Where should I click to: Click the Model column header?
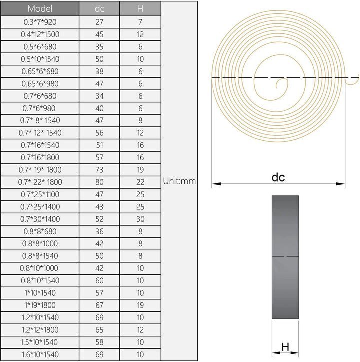click(x=40, y=9)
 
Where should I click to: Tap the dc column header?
click(x=99, y=9)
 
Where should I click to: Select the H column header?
click(x=140, y=9)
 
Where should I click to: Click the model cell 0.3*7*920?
click(x=40, y=22)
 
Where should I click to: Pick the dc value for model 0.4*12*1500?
click(x=99, y=34)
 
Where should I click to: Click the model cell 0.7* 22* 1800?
click(x=40, y=182)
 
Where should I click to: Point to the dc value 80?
click(x=99, y=182)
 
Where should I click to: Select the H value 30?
click(x=140, y=219)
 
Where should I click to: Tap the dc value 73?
click(x=99, y=170)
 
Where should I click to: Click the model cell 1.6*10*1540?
click(x=40, y=354)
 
